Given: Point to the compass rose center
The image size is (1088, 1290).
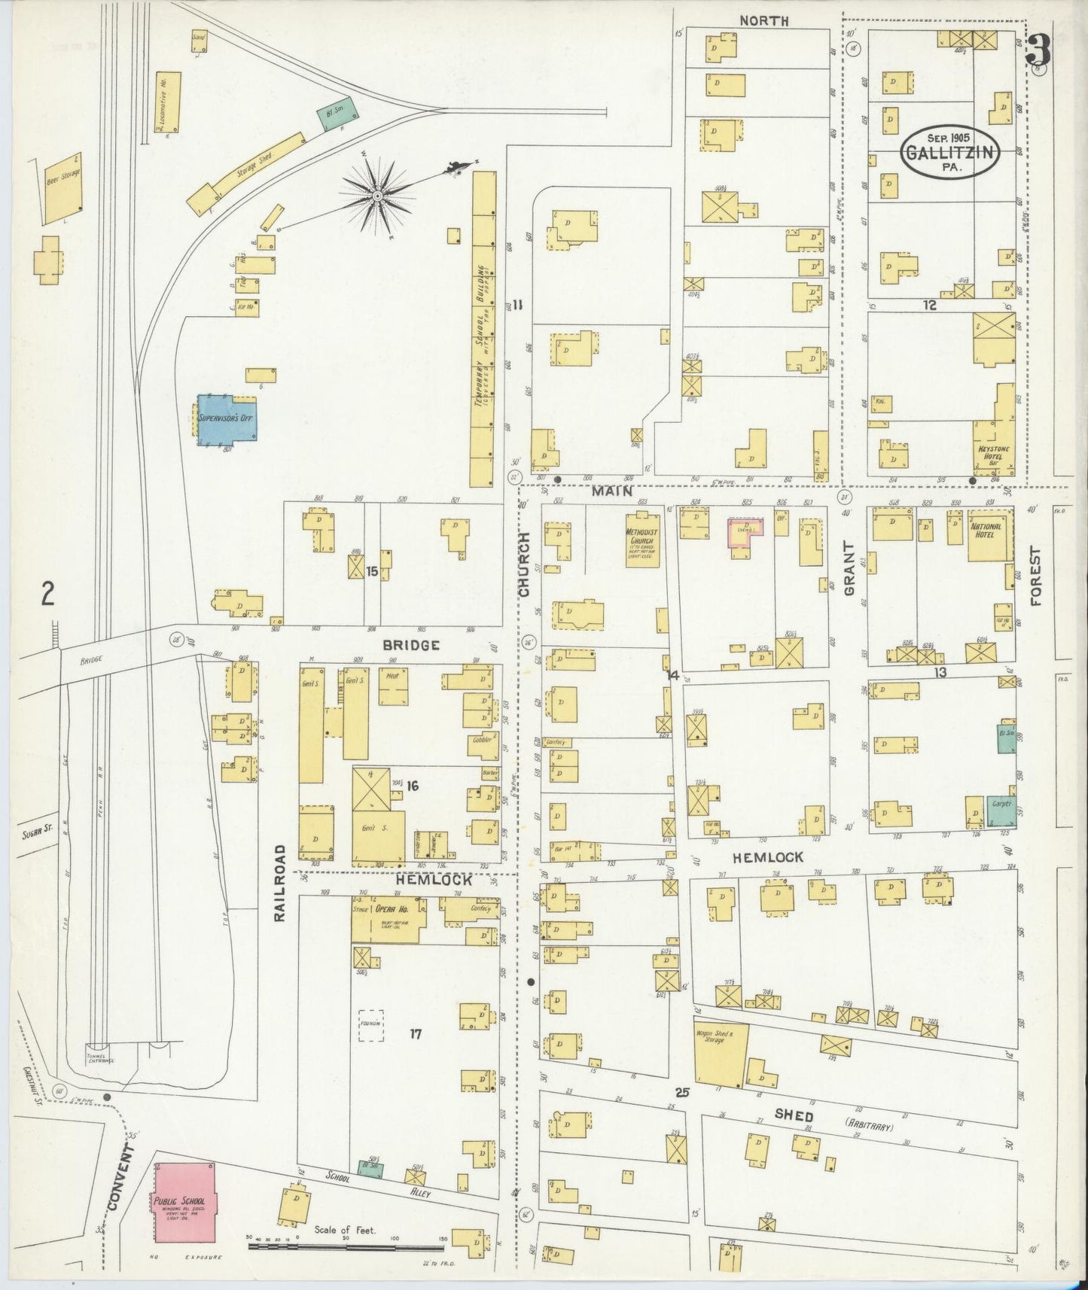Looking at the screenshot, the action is click(x=376, y=196).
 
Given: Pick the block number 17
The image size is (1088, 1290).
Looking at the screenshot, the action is click(x=416, y=1034).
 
